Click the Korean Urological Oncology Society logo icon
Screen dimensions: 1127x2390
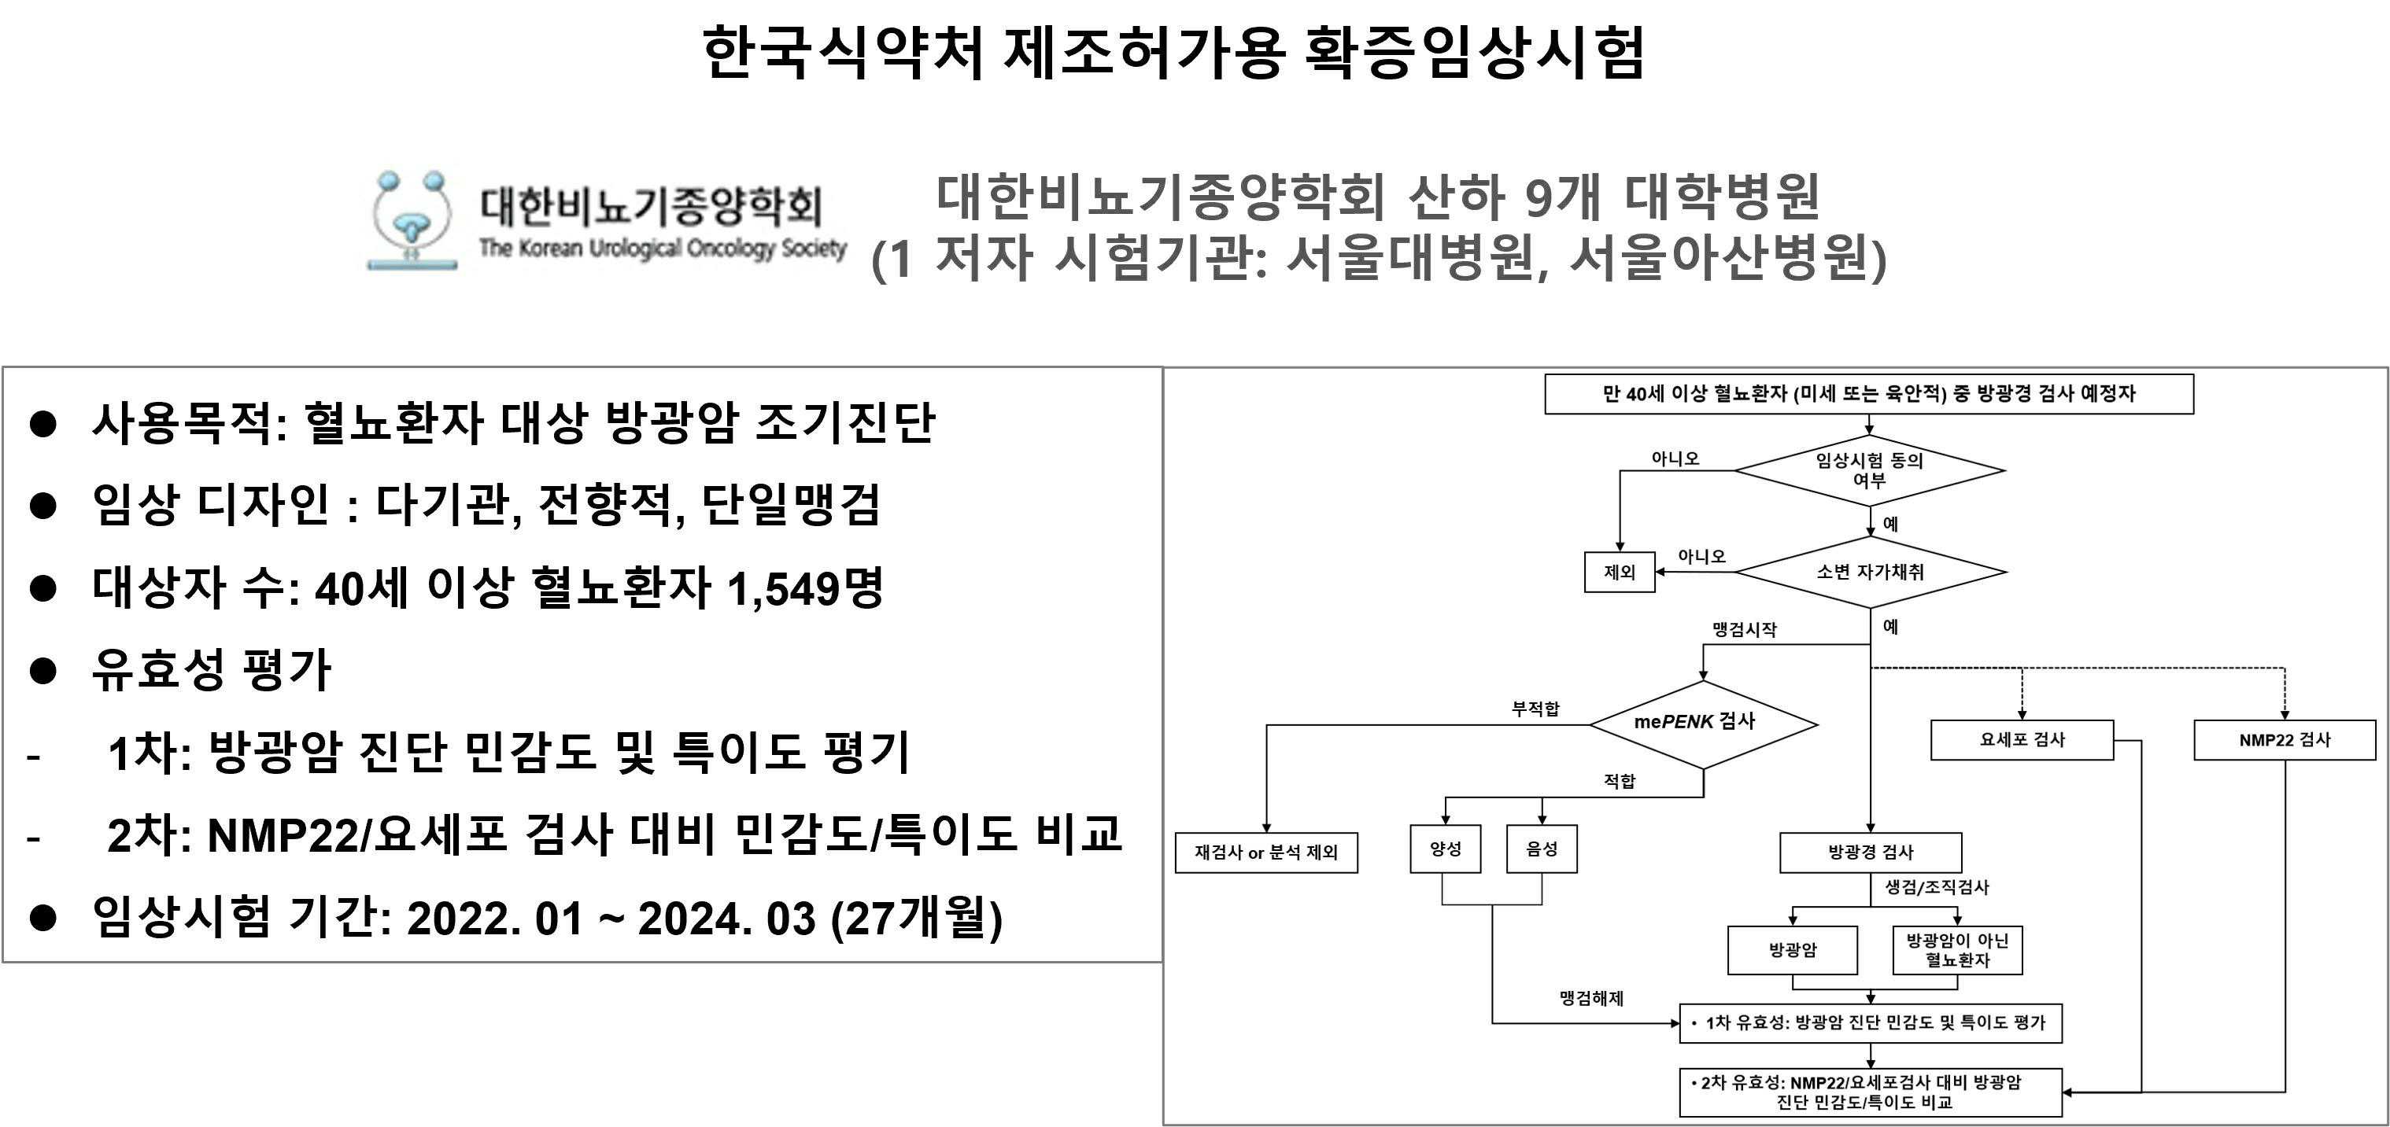point(412,220)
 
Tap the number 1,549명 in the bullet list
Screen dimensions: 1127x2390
point(804,588)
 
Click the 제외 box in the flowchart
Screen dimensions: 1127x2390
point(1619,573)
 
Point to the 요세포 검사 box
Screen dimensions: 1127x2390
point(2022,740)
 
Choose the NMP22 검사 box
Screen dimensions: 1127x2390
point(2285,740)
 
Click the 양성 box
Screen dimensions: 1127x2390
point(1446,849)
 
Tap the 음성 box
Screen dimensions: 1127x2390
point(1541,849)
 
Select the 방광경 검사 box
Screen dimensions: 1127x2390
point(1871,853)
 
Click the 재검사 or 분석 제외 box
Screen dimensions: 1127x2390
point(1265,853)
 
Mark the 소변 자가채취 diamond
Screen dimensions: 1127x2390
point(1870,573)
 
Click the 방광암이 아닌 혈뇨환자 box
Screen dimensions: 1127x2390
point(1956,950)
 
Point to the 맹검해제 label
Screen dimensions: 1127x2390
point(1591,998)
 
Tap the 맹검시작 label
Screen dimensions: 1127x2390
point(1744,630)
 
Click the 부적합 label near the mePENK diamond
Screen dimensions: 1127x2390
point(1535,709)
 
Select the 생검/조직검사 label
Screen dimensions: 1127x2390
point(1936,887)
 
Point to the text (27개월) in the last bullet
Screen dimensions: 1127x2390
point(917,919)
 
